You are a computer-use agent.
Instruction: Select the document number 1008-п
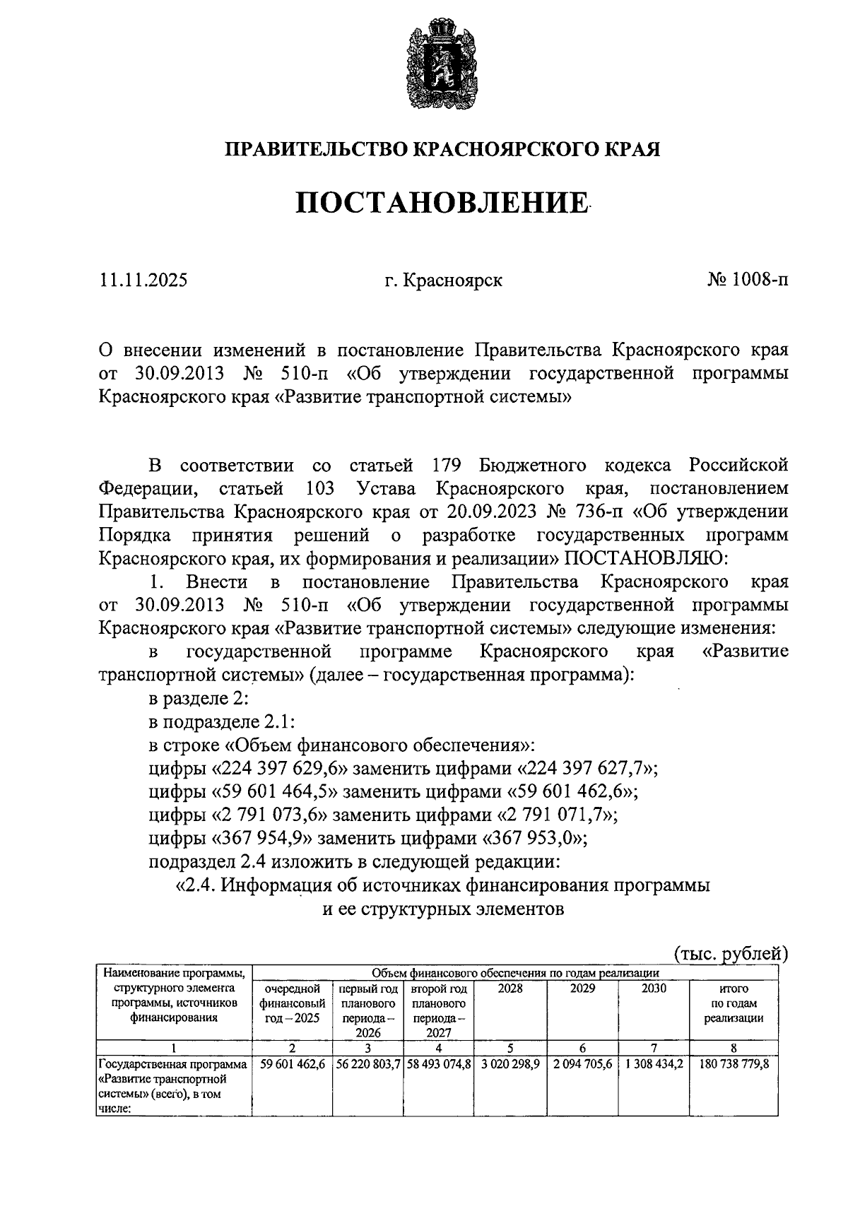click(760, 281)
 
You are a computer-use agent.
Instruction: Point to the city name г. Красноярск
click(443, 281)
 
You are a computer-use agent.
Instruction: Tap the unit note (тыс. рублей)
click(730, 953)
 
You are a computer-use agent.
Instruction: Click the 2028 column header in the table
click(510, 989)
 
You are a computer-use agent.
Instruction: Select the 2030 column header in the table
click(654, 989)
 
